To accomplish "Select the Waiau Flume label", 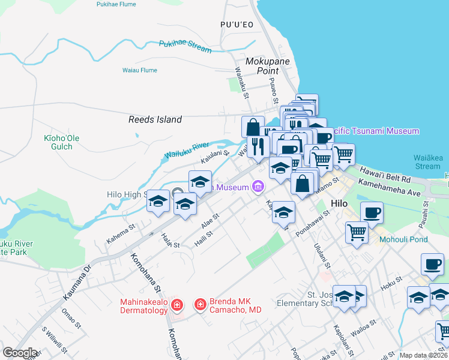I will tap(140, 70).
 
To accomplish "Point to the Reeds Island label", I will tap(155, 119).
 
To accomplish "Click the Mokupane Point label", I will tap(268, 66).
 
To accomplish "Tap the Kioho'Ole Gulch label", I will tap(61, 142).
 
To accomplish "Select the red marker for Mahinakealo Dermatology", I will tap(177, 306).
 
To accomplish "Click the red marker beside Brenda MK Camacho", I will tap(200, 305).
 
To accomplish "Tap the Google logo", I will tap(20, 353).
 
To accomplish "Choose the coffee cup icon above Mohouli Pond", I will tap(372, 212).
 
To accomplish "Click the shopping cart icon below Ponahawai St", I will tap(357, 232).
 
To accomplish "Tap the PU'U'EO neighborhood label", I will tap(237, 25).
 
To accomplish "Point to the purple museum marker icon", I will tap(258, 187).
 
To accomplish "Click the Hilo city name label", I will tap(347, 203).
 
